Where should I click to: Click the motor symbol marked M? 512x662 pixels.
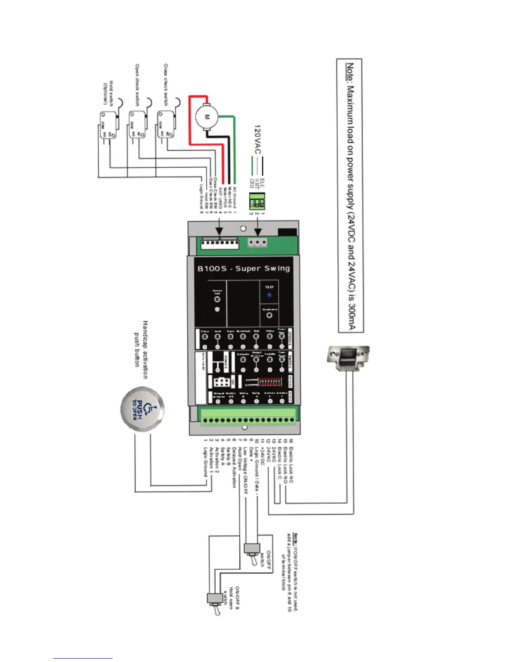206,117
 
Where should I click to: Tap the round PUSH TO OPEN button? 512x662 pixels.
142,408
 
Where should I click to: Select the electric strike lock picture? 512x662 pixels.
347,358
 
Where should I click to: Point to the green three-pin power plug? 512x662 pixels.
257,201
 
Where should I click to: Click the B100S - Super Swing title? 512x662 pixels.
243,268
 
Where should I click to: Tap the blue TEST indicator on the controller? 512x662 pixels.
269,295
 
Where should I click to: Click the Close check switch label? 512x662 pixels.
166,85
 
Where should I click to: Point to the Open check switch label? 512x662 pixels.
137,85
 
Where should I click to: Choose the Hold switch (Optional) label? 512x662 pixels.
108,93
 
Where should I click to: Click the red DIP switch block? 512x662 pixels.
269,382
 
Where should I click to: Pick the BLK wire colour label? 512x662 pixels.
262,183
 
